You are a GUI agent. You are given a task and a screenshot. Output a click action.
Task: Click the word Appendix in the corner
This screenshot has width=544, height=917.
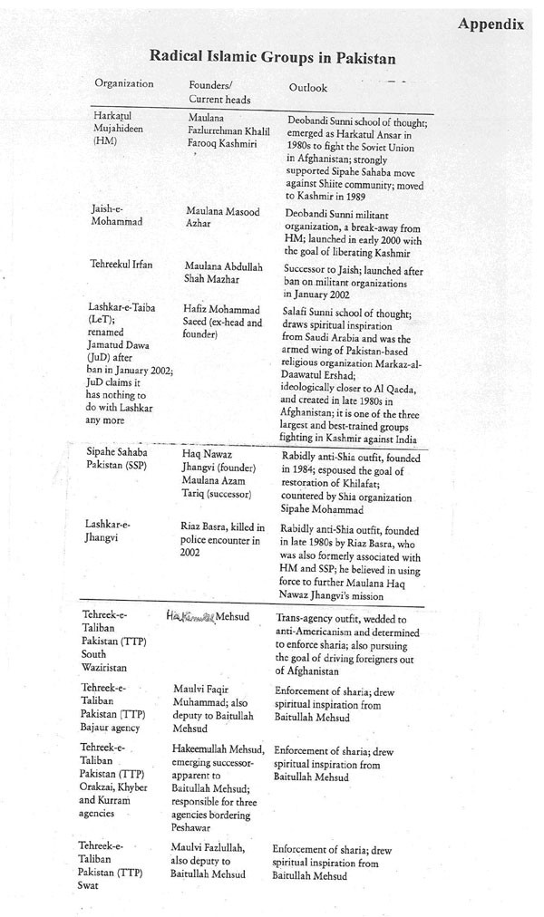[x=490, y=24]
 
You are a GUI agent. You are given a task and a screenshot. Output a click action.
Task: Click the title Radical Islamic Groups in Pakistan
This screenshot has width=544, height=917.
[x=272, y=57]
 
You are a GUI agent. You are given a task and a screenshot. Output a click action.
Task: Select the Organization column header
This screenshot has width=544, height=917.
[x=124, y=84]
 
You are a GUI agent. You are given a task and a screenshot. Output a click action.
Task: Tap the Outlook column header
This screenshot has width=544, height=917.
[x=307, y=88]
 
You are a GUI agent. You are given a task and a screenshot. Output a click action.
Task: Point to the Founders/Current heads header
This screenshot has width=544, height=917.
[x=219, y=92]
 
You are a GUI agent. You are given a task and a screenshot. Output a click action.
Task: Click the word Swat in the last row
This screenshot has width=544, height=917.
[x=92, y=886]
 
